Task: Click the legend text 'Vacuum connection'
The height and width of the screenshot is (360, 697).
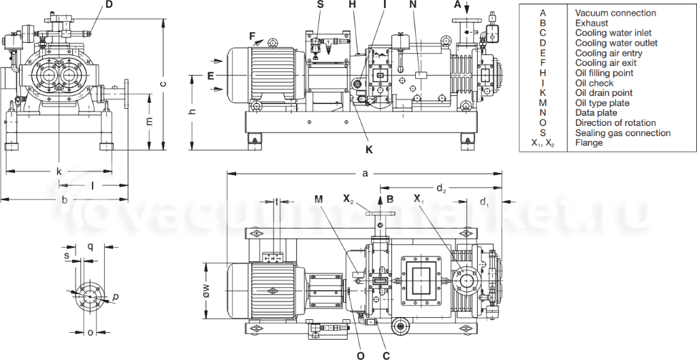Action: (x=615, y=13)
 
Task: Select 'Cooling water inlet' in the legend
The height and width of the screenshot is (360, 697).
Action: (x=613, y=33)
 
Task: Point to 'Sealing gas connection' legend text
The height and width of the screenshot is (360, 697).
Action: (x=622, y=133)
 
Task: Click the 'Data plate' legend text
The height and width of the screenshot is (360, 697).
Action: (x=596, y=112)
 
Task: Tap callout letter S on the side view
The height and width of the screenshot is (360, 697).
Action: (x=321, y=5)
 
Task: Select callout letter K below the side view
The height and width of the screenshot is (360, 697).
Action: (x=369, y=149)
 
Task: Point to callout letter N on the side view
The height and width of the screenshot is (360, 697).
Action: (x=413, y=5)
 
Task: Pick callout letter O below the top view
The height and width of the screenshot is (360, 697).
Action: (x=361, y=354)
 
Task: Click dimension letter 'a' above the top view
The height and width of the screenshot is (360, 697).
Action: (x=366, y=174)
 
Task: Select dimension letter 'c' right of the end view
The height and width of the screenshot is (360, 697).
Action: (x=162, y=84)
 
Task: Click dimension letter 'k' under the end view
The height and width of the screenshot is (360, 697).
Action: (x=59, y=171)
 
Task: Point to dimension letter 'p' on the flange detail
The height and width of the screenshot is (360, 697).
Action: (x=115, y=297)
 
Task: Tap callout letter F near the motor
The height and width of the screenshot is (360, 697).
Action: (x=251, y=36)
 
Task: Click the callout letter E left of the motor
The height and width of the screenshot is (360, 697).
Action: (x=211, y=74)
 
